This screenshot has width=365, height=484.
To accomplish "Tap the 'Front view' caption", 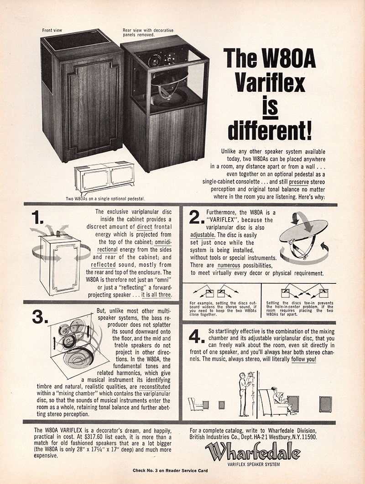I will (x=52, y=31).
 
